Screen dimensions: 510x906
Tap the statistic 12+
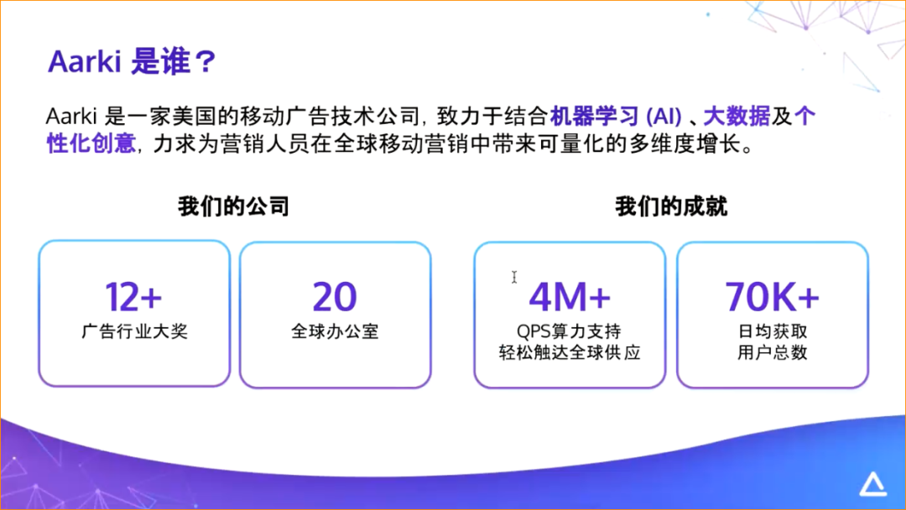133,296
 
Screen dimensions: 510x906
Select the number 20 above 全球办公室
335,296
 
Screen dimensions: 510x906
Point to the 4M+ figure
570,296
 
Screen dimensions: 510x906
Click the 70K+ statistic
772,296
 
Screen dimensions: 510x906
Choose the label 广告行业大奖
134,331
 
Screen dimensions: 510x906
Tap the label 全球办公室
335,331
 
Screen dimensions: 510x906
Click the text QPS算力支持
570,331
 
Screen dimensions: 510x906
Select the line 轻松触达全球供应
570,352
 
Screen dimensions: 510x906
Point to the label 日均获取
772,331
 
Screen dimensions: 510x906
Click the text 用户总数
772,352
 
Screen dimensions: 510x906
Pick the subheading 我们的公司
233,206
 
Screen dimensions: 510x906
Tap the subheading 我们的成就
671,206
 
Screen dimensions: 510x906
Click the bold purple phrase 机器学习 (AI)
621,116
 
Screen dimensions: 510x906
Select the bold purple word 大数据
736,116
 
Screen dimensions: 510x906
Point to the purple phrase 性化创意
91,143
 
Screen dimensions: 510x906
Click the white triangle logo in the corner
874,484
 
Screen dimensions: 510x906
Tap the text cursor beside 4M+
514,278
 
